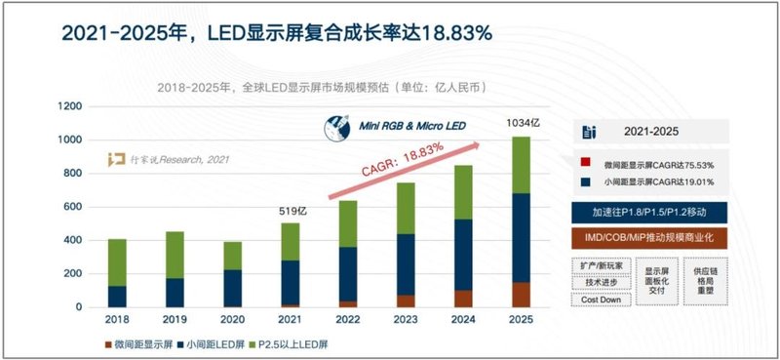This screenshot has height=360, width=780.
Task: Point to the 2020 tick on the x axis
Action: click(232, 320)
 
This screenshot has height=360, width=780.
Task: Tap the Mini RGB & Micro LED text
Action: click(401, 126)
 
